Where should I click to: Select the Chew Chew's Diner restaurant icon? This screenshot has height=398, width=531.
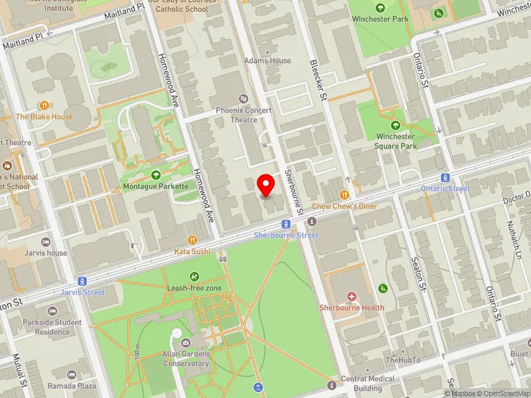point(344,194)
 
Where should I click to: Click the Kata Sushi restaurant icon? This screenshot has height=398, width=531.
point(192,239)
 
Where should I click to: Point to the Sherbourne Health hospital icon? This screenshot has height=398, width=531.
point(351,296)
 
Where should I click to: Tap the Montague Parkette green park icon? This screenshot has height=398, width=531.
point(155,174)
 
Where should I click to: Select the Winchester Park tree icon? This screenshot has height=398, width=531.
point(380,8)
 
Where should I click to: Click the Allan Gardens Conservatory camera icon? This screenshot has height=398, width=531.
point(186,343)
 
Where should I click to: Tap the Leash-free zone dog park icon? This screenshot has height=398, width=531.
point(194,277)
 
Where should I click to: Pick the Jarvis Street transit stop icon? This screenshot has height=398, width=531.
point(82,281)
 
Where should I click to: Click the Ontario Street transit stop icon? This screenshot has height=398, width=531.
point(445,177)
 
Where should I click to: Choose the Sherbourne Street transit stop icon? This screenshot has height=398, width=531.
point(285,224)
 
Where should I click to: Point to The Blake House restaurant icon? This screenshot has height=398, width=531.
point(44,105)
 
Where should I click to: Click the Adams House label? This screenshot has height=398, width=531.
point(267,60)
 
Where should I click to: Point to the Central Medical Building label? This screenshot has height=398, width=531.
point(367,383)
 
